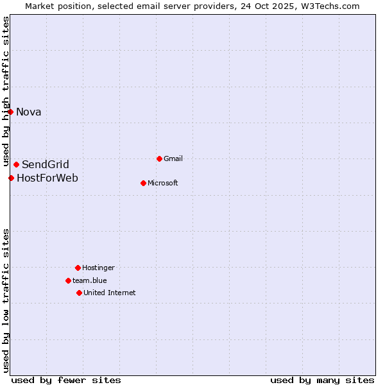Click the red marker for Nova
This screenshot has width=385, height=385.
click(10, 112)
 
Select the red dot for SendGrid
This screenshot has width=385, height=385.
click(16, 164)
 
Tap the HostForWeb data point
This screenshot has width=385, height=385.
click(11, 178)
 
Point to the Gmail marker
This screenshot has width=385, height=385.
click(159, 158)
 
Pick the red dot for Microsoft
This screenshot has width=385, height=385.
click(143, 183)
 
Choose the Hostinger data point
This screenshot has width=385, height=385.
click(78, 268)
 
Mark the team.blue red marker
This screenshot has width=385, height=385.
click(68, 280)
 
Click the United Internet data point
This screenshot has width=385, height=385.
click(79, 293)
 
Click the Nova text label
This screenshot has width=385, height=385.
click(29, 112)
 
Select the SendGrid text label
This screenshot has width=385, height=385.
click(46, 165)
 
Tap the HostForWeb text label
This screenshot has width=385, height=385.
click(47, 178)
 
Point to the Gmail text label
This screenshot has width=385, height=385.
click(173, 159)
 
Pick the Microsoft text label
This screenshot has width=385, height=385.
click(163, 184)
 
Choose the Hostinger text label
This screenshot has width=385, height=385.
click(98, 268)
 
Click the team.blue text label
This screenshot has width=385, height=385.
click(90, 281)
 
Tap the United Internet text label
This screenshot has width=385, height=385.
click(110, 293)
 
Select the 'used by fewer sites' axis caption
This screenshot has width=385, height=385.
click(66, 380)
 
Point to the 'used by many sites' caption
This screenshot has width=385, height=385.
click(322, 380)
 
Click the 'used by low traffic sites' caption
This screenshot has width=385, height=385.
click(6, 300)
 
